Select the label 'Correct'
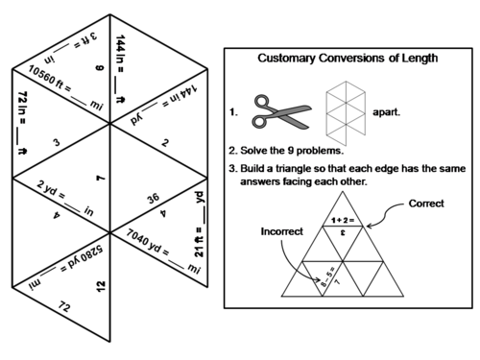click(426, 204)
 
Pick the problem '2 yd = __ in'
click(63, 189)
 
